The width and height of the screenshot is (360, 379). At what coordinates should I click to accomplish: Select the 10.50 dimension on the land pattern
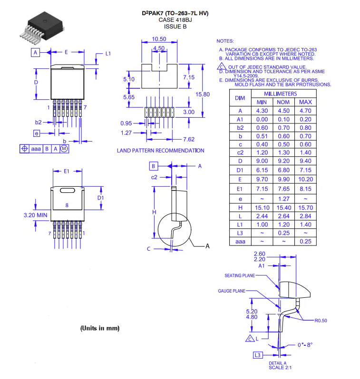click(x=159, y=39)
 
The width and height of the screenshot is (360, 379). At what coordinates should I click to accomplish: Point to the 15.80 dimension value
click(x=203, y=95)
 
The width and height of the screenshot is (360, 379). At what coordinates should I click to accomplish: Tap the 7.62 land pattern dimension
click(x=188, y=139)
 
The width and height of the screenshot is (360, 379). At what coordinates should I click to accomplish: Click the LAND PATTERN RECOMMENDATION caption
click(x=160, y=151)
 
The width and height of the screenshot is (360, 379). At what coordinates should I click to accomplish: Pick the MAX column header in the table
click(x=305, y=102)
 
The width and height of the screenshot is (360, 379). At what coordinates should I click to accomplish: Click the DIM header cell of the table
click(x=240, y=98)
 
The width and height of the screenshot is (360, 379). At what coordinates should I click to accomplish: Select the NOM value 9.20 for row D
click(x=283, y=161)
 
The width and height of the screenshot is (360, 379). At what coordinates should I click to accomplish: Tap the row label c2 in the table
click(x=240, y=152)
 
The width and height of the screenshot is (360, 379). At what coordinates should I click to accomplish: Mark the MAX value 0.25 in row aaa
click(x=305, y=241)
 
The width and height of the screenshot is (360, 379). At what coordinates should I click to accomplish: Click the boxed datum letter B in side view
click(x=153, y=166)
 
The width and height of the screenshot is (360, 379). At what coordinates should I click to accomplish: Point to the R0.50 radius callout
click(x=321, y=321)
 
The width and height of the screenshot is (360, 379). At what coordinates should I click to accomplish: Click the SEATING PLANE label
click(x=239, y=275)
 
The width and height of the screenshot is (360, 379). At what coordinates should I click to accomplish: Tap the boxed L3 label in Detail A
click(x=258, y=355)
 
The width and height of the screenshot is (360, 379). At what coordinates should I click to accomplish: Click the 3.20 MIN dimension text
click(x=36, y=215)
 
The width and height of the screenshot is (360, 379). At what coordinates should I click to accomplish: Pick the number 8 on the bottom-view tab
click(x=67, y=205)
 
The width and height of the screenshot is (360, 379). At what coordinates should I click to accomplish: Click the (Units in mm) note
click(x=99, y=328)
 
